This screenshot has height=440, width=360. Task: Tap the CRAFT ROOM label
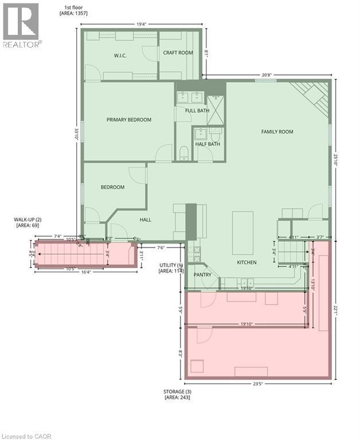coord(178,53)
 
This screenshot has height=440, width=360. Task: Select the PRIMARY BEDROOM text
coord(129,120)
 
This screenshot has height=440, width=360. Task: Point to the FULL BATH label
coord(197,110)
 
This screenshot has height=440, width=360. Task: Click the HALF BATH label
coord(208,144)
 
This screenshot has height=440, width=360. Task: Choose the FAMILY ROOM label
coord(277,132)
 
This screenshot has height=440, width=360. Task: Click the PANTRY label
coord(202,275)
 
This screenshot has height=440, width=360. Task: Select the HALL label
coord(146,219)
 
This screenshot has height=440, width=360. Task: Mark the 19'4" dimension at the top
coord(141,25)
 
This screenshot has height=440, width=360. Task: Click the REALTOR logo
coord(21,26)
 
